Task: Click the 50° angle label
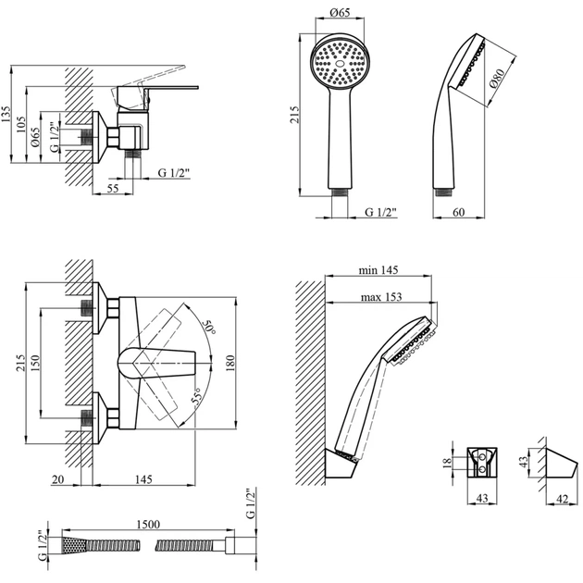coord(209,325)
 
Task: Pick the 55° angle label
coord(197,399)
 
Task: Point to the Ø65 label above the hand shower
coord(338,13)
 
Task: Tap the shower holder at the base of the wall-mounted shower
coord(341,463)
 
